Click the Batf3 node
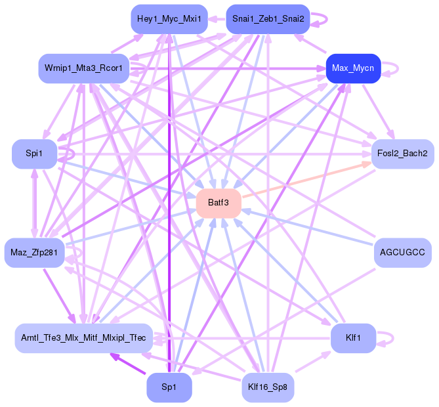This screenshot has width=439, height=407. click(x=219, y=203)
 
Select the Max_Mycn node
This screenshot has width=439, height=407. click(x=353, y=68)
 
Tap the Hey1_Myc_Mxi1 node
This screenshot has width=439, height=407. click(x=169, y=19)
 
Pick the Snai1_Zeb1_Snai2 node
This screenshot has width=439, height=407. click(x=268, y=19)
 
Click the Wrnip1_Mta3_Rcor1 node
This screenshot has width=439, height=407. click(x=84, y=68)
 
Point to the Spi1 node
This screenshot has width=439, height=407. click(x=34, y=154)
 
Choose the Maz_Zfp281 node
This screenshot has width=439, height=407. click(x=34, y=253)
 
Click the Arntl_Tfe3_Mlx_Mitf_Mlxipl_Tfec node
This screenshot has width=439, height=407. click(x=84, y=338)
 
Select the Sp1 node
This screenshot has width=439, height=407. click(x=169, y=387)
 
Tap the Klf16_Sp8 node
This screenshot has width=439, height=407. click(x=268, y=387)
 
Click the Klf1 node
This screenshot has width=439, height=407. click(x=353, y=338)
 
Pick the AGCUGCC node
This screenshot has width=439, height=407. click(x=403, y=253)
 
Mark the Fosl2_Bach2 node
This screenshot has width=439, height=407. click(x=403, y=154)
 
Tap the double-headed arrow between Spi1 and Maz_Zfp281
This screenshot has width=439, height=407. click(x=34, y=203)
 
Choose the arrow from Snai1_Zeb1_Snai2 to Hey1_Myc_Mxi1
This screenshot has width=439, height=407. click(x=217, y=19)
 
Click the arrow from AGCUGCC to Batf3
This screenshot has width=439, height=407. click(x=308, y=227)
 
